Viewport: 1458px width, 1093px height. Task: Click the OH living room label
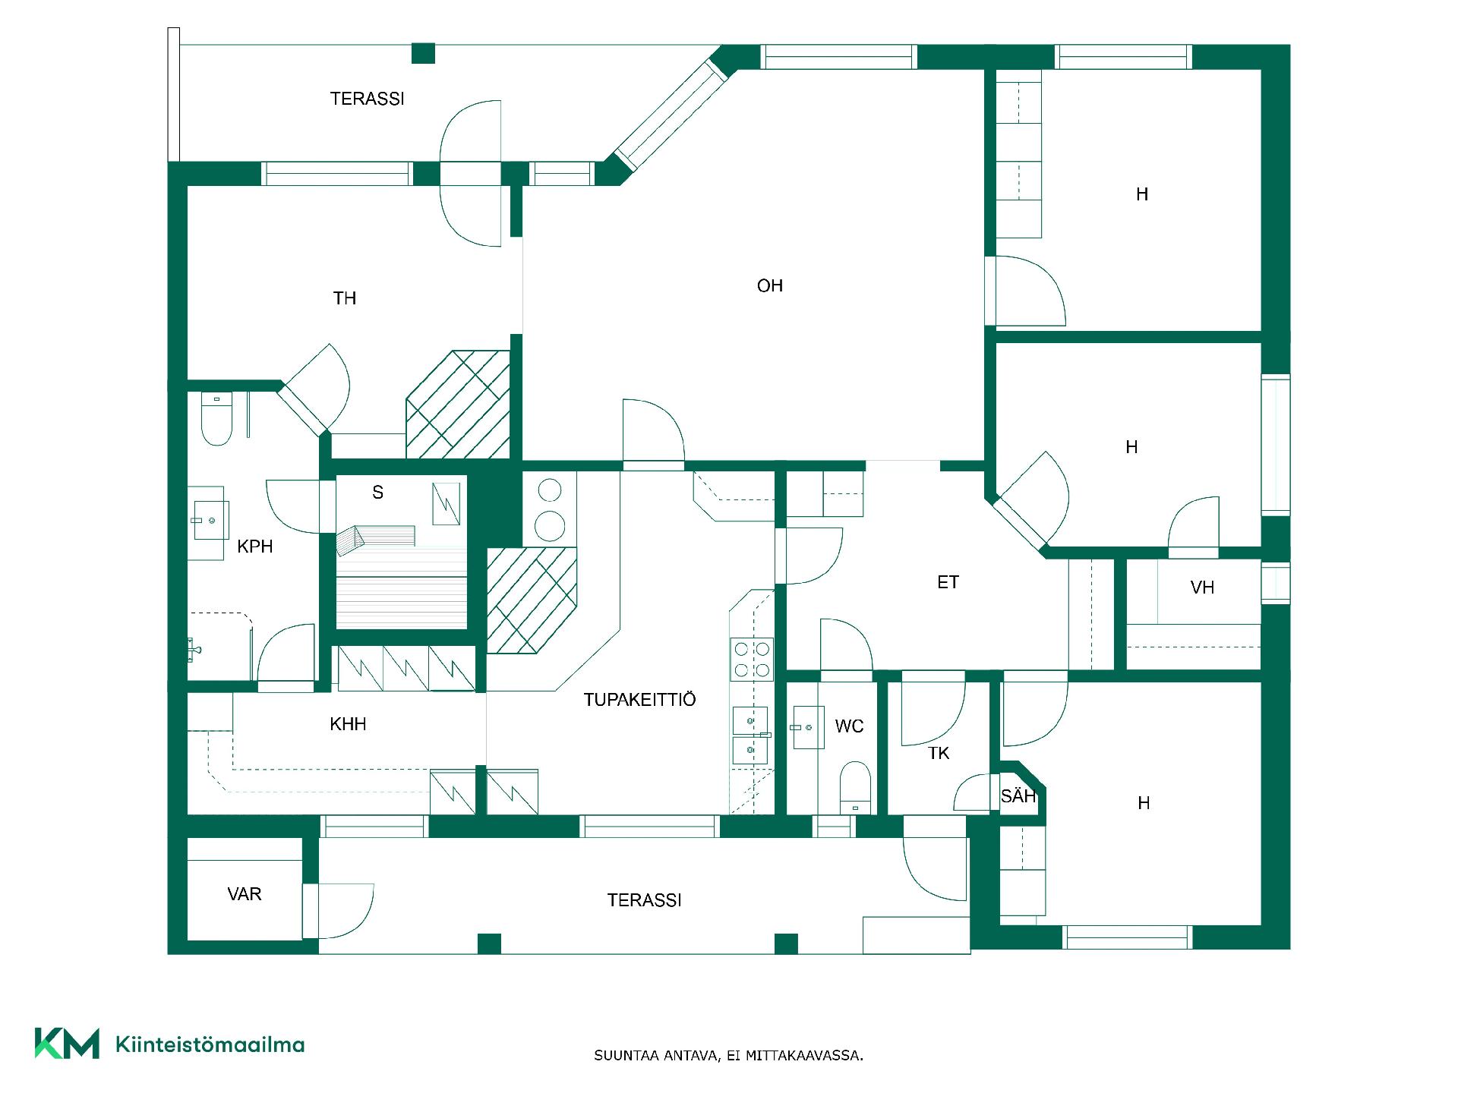point(769,286)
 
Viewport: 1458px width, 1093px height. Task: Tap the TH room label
point(345,298)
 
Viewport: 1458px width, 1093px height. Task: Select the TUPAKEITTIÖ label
point(639,699)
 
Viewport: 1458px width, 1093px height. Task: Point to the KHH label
point(348,724)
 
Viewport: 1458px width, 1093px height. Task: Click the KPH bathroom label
point(254,546)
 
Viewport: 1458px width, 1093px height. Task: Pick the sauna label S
point(377,493)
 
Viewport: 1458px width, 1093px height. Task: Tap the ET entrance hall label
point(948,582)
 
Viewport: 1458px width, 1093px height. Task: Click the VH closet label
point(1202,587)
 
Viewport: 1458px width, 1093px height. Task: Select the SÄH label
point(1018,795)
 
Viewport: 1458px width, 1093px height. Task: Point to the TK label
point(939,753)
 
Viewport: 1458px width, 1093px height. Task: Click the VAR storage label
point(245,894)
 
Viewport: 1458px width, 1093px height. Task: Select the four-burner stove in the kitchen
point(751,659)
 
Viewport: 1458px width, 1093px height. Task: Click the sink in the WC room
point(808,727)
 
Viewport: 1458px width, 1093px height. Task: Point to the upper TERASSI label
point(367,99)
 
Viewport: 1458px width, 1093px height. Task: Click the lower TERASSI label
point(644,900)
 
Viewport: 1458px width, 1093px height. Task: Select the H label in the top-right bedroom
point(1141,194)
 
